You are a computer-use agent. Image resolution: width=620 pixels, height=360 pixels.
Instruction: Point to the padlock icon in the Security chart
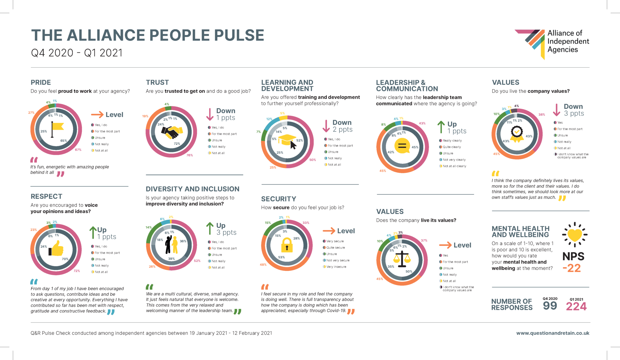(x=287, y=245)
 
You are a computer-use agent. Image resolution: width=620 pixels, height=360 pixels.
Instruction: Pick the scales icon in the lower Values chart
(x=402, y=259)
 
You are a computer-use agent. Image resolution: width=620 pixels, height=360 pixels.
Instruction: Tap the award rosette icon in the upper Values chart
(x=517, y=134)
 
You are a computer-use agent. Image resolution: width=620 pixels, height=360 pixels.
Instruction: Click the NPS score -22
(x=572, y=268)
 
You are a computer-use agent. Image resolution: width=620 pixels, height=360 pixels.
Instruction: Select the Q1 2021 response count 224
(x=576, y=306)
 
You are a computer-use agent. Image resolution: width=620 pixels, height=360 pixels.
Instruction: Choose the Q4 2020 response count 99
(x=550, y=306)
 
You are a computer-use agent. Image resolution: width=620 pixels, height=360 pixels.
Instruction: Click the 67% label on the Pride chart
(x=78, y=150)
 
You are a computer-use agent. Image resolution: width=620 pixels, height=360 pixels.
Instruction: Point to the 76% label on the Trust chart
(x=190, y=155)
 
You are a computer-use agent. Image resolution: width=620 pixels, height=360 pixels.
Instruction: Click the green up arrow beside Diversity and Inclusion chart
(x=210, y=229)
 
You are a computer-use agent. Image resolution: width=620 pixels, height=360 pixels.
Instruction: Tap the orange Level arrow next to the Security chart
(x=329, y=231)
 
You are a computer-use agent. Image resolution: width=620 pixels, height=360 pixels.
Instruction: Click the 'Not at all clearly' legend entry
(x=454, y=166)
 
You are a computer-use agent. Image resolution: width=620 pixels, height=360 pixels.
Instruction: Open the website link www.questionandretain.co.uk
(x=552, y=333)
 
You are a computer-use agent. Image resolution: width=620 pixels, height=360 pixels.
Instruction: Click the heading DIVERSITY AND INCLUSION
(x=193, y=189)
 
